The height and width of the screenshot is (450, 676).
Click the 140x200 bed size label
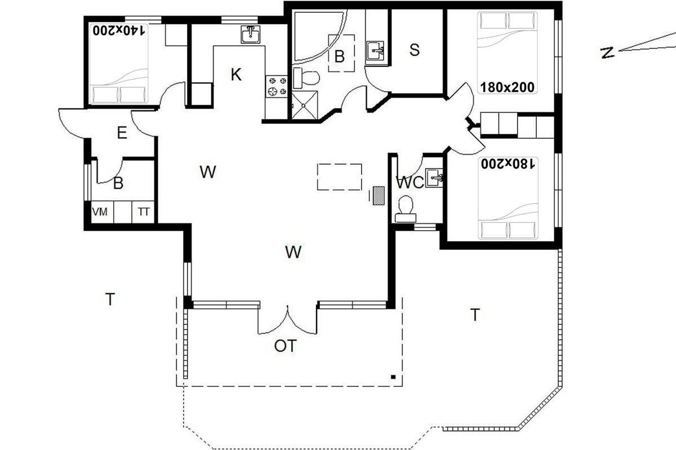coord(119,31)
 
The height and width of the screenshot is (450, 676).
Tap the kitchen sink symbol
coord(251,34)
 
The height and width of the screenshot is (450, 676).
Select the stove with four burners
coord(277,86)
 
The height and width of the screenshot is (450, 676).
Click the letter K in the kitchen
coord(236,74)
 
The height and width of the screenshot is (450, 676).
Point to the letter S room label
coord(415,49)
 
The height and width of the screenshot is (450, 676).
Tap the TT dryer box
coord(143,212)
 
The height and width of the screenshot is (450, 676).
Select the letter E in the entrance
coord(122,133)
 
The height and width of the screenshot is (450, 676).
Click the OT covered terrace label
coord(285,346)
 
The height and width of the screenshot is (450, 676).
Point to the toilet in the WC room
coord(406,209)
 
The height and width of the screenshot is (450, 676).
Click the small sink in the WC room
coord(434,178)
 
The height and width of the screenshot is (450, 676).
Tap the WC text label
coord(410,183)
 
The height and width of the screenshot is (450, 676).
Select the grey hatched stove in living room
coord(379,196)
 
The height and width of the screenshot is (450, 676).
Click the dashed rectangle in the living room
coord(340,177)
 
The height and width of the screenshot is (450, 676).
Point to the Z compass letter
coord(607,53)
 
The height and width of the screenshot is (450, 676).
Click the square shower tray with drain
coord(305,105)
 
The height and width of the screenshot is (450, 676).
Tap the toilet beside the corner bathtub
coord(306,78)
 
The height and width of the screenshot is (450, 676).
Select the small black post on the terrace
coord(393,377)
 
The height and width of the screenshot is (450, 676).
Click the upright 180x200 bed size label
coord(508,87)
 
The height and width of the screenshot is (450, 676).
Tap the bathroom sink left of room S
coord(375,51)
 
